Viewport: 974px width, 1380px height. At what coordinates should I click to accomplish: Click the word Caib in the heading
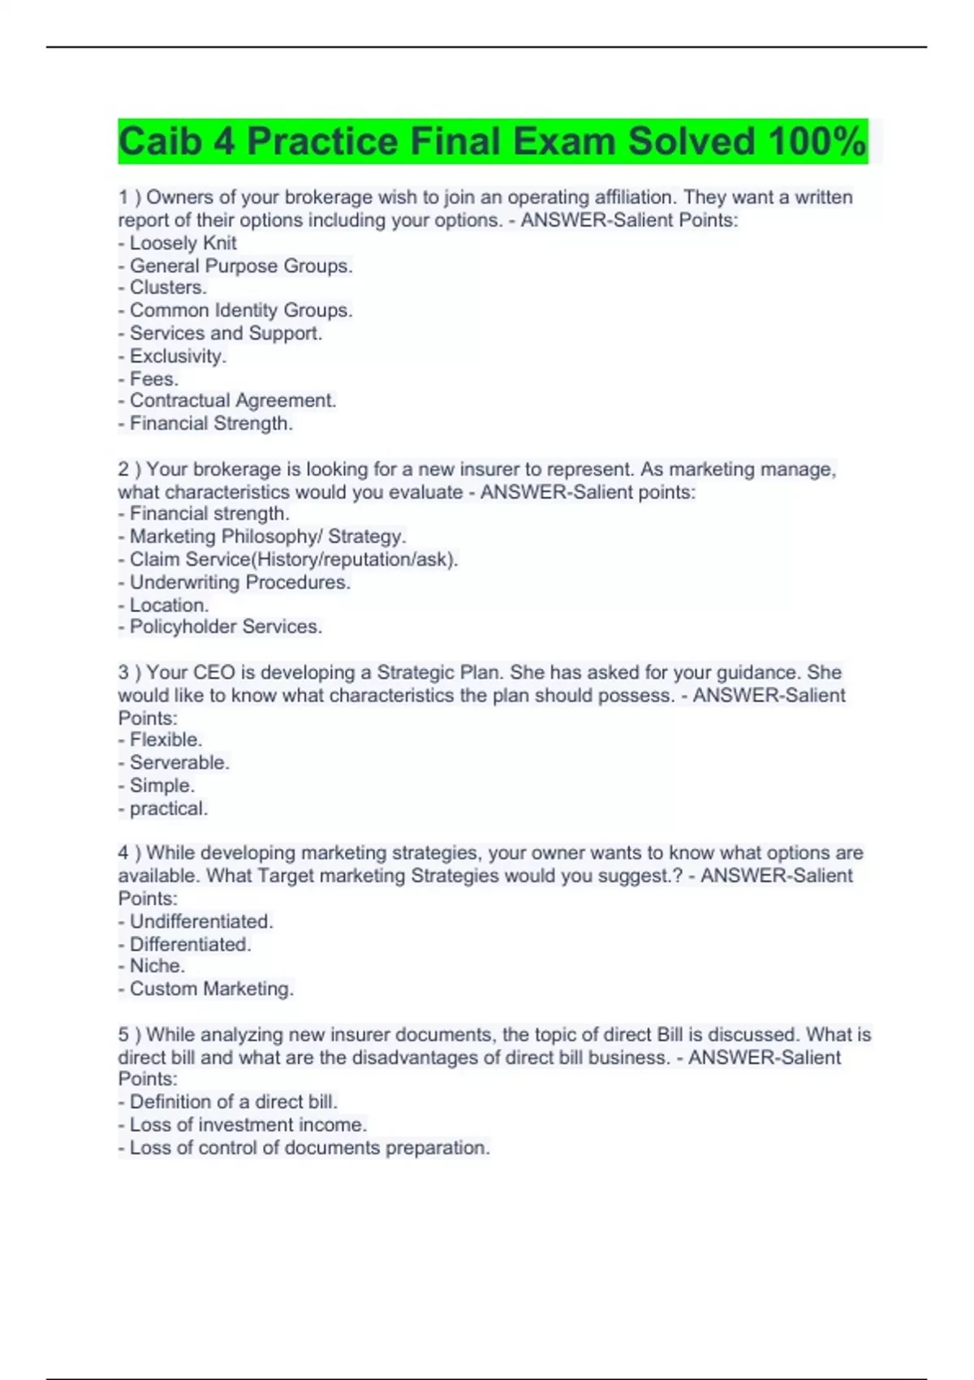(x=159, y=142)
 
